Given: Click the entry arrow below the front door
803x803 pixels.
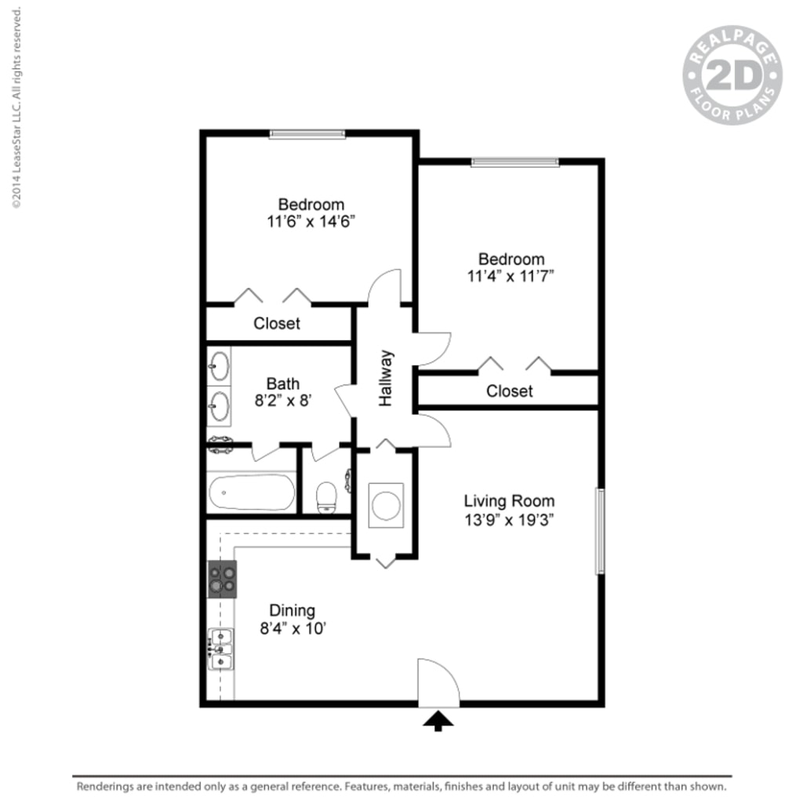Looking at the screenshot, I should [x=438, y=721].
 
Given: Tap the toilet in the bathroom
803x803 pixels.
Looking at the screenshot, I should [x=325, y=495].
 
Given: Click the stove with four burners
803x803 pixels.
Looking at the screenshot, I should [x=222, y=579].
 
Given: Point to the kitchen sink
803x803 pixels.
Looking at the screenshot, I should [x=221, y=649].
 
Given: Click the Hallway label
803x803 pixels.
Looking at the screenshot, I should [x=386, y=378].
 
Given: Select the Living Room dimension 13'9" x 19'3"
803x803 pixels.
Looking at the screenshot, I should [x=509, y=519].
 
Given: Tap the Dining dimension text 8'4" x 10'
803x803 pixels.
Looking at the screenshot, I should [x=292, y=628].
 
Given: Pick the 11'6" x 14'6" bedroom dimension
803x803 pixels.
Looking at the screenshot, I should [x=311, y=222].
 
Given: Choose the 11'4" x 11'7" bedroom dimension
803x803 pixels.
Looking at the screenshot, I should [x=511, y=276].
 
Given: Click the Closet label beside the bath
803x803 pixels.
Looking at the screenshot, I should [x=277, y=323].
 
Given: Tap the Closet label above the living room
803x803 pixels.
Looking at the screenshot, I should [x=510, y=391].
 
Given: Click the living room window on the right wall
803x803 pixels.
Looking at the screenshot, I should [x=600, y=531].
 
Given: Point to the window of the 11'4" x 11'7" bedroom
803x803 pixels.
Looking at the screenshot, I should [x=514, y=162].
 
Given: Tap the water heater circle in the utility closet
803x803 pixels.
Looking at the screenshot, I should [x=386, y=505].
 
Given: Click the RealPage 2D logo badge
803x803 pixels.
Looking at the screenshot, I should [x=733, y=77].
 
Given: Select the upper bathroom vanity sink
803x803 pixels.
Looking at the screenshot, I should [x=220, y=365].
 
